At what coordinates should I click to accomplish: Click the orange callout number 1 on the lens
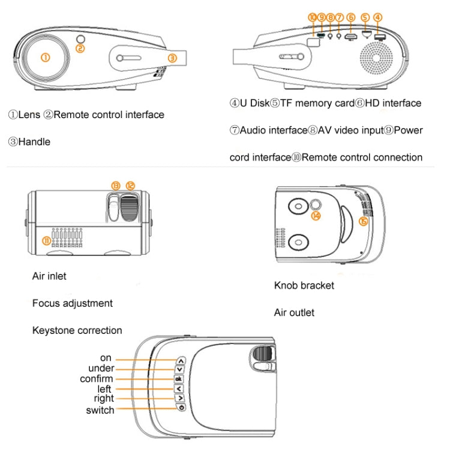tap(44, 58)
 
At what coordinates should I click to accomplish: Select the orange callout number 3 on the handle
tap(172, 58)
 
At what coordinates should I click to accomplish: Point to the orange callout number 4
tap(377, 17)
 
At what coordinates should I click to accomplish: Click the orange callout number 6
tap(351, 18)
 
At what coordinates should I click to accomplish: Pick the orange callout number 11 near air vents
tap(46, 240)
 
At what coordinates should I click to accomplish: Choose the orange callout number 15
tap(362, 221)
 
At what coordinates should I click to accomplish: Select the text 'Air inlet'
tap(49, 276)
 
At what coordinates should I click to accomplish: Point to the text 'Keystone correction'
tap(77, 330)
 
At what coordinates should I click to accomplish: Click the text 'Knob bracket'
tap(304, 285)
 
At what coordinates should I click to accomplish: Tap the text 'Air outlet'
tap(294, 312)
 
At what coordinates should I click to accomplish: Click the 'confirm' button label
tap(96, 379)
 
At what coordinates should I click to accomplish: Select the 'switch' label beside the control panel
tap(100, 410)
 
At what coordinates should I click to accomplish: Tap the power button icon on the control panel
tap(181, 408)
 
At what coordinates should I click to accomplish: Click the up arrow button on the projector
tap(181, 361)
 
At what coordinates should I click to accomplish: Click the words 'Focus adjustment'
tap(72, 303)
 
